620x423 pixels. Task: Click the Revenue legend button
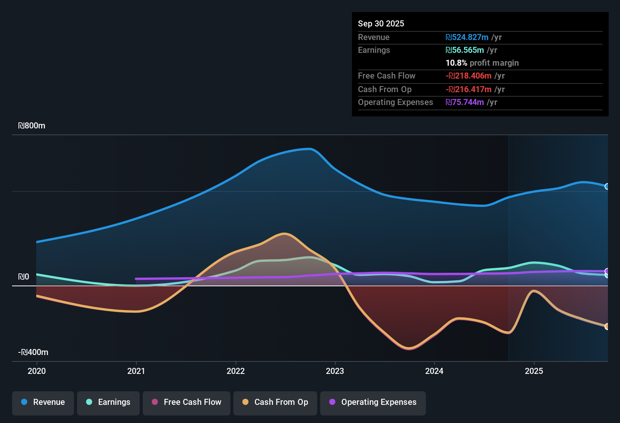click(43, 402)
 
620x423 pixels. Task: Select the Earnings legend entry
click(108, 402)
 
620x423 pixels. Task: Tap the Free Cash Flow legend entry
click(187, 402)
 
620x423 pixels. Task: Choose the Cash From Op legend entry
click(275, 402)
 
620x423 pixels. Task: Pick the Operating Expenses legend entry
click(373, 402)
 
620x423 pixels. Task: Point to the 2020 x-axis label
click(37, 371)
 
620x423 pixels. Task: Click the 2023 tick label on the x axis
click(335, 371)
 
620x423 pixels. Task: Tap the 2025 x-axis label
click(534, 371)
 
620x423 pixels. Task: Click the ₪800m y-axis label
click(32, 126)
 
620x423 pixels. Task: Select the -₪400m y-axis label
click(33, 352)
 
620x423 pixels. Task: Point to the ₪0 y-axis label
click(23, 277)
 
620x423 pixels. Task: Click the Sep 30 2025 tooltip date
click(381, 23)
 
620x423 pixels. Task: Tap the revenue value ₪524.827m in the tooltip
click(467, 37)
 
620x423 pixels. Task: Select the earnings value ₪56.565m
click(465, 50)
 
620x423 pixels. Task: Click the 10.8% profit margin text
click(482, 63)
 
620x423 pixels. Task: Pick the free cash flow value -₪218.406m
click(469, 76)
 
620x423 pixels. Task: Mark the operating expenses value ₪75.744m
click(465, 102)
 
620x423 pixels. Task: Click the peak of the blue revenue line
click(309, 149)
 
